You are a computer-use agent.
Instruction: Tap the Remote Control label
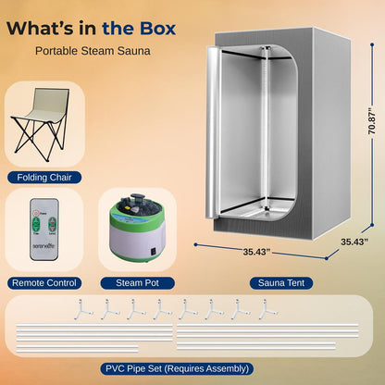tap(43, 281)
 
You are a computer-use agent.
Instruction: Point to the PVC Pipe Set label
tap(192, 368)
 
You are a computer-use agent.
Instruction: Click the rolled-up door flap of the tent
tap(220, 139)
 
